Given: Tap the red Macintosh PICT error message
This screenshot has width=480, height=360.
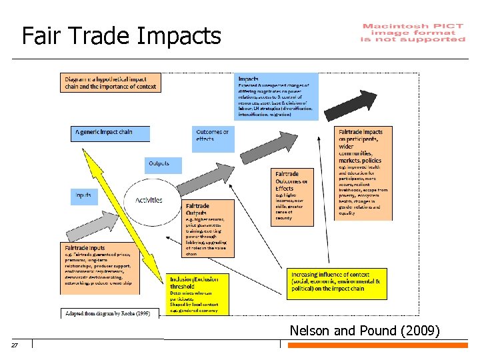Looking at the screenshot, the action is point(413,33).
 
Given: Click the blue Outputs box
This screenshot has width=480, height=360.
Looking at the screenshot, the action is point(159,164).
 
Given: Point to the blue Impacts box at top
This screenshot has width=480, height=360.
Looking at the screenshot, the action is point(276,96).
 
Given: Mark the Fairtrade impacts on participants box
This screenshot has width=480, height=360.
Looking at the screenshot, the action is point(363,172).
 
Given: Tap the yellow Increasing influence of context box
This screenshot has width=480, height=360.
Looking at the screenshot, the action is point(337,283).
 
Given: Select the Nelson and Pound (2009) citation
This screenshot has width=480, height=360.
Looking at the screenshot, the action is point(364,330).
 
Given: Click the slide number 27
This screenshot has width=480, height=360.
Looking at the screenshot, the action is point(14,345).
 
